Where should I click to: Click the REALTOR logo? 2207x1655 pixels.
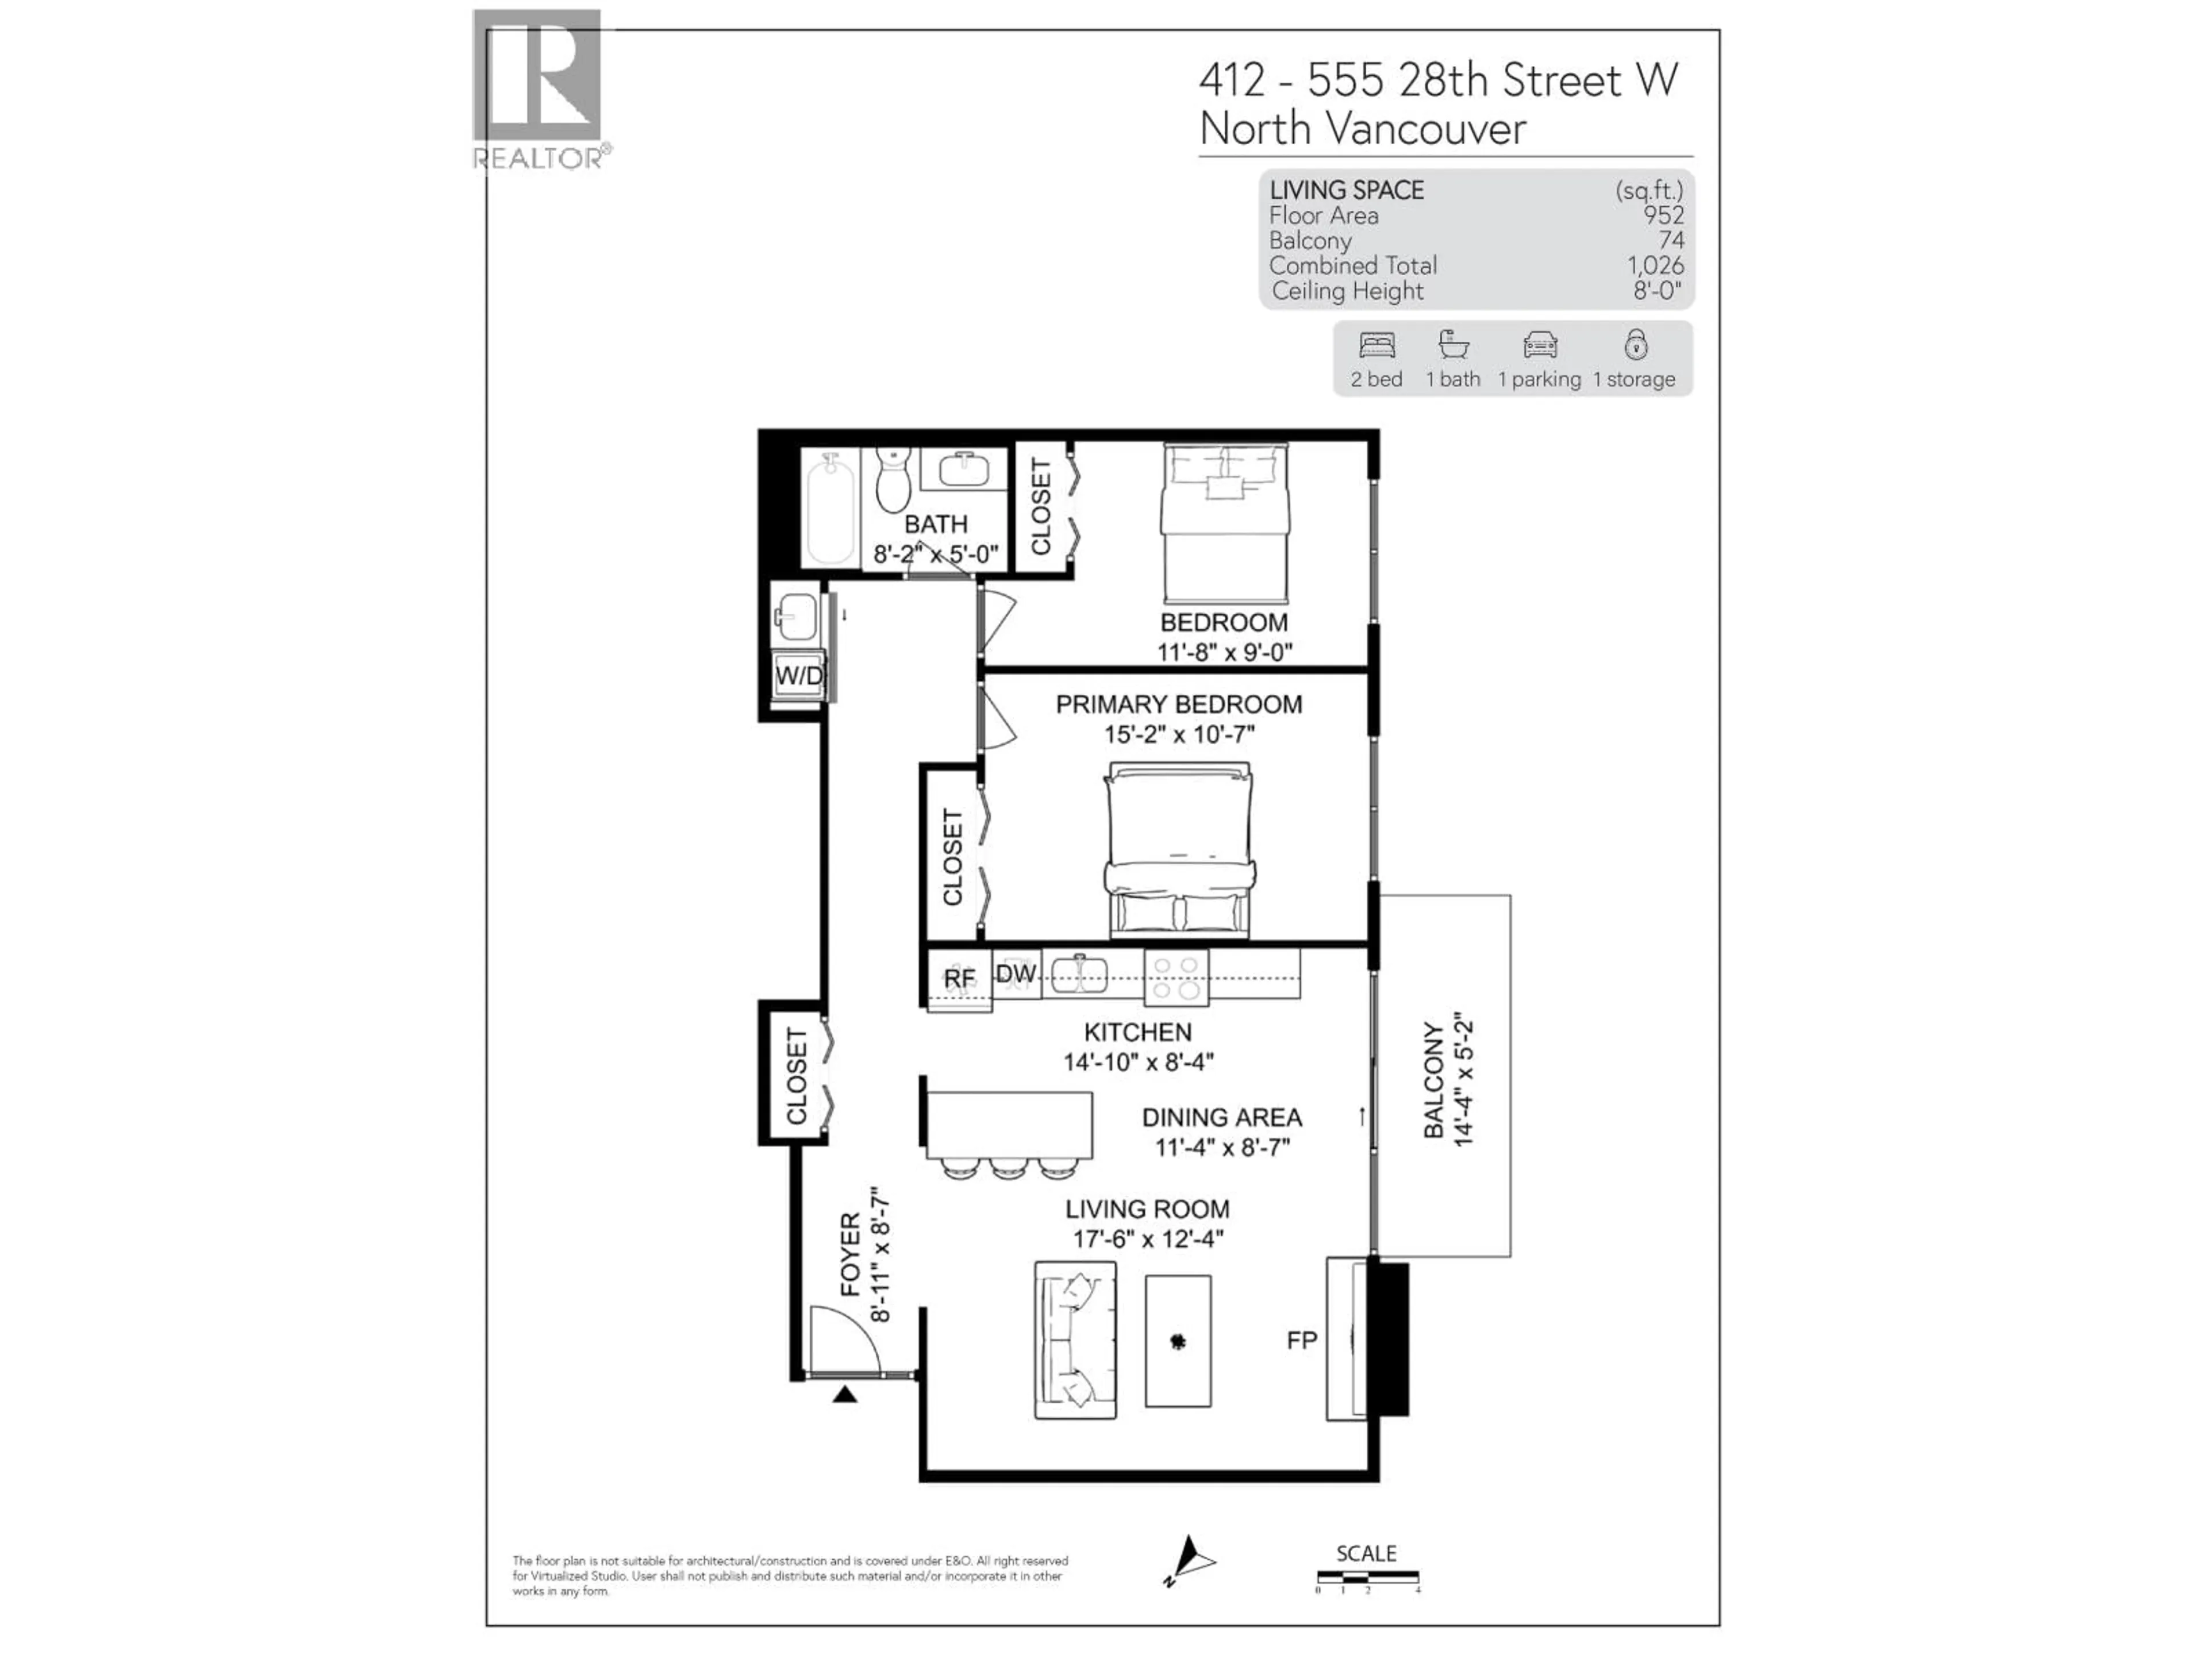[539, 90]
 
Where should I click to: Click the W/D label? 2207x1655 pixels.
[800, 675]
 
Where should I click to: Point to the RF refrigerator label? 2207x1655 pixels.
[960, 980]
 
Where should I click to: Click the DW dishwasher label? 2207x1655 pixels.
[1016, 973]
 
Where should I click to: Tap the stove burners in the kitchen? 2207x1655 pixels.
[1176, 977]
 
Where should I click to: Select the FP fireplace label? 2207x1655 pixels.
[1302, 1340]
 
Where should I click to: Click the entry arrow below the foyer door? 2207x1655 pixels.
[845, 1394]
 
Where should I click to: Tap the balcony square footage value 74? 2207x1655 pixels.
[1670, 240]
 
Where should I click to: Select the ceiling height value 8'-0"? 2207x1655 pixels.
[1657, 291]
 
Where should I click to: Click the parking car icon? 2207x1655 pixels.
[1540, 345]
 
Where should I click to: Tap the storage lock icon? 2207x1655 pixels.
[1635, 344]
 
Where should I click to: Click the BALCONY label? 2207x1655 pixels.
[1434, 1080]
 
